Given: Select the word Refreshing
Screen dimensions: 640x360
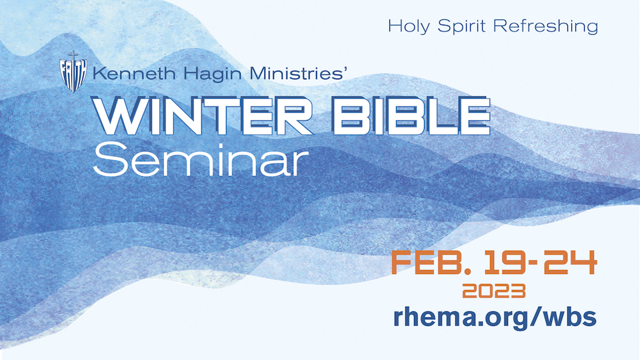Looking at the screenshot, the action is [x=546, y=27].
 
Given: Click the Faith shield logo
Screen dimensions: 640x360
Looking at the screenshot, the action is [x=73, y=72].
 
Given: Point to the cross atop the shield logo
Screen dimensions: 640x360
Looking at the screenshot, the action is [x=73, y=55].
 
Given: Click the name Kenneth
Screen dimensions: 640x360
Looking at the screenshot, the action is [x=134, y=73].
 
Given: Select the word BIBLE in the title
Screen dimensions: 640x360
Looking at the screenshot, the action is [x=412, y=116].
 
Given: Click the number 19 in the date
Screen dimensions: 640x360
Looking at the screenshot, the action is [x=507, y=263].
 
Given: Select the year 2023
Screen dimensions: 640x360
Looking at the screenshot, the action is [x=494, y=291].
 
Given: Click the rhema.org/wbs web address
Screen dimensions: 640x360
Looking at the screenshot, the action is [x=495, y=317].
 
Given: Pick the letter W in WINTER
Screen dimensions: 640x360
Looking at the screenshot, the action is [x=120, y=116].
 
